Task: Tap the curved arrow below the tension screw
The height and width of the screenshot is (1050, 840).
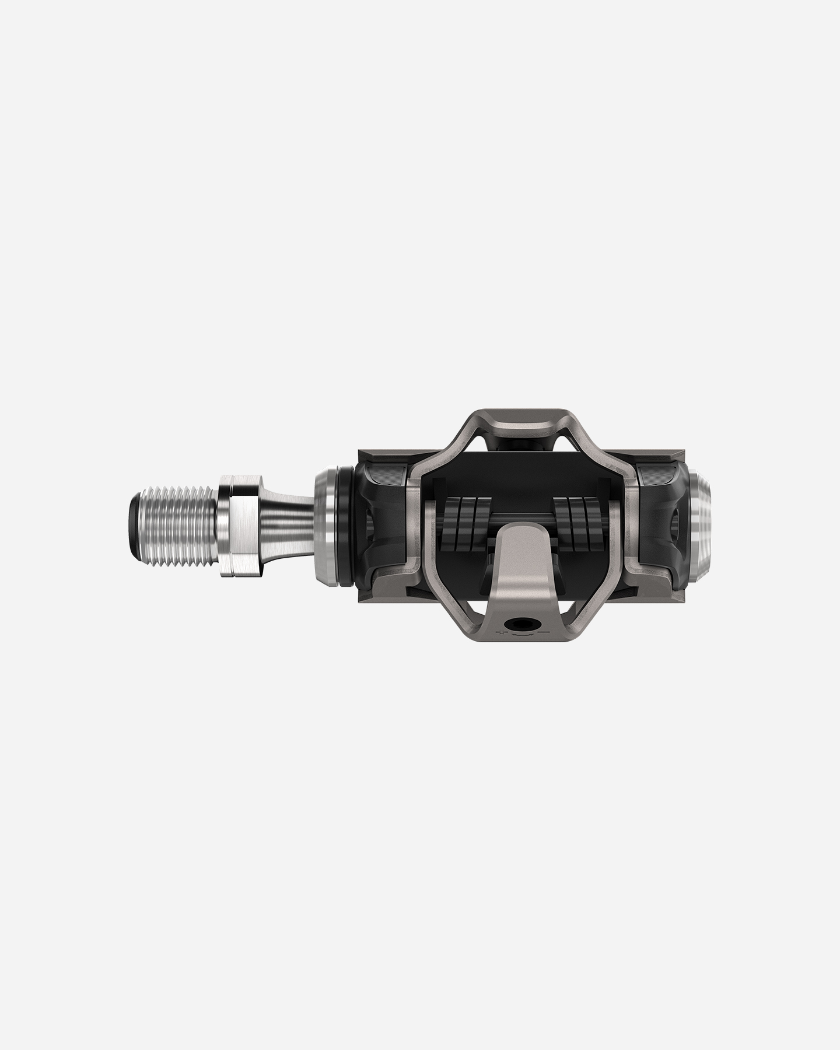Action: click(521, 635)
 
